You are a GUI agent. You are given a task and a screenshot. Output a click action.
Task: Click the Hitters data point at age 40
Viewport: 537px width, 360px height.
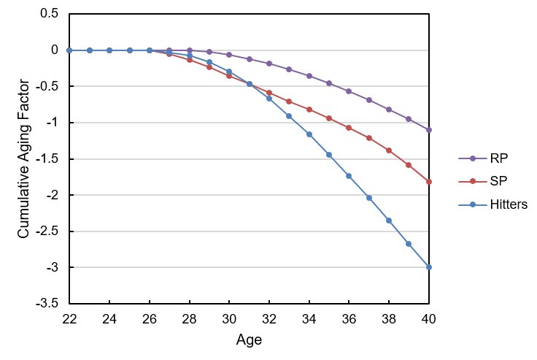tap(429, 267)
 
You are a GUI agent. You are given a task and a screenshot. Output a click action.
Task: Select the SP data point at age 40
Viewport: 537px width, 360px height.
tap(429, 181)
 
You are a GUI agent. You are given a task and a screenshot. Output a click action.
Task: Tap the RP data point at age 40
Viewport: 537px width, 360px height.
tap(429, 130)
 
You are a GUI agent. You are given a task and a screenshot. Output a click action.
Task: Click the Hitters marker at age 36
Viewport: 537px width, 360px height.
tap(349, 176)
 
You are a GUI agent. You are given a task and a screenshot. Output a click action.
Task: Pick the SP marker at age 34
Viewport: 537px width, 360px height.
tap(309, 110)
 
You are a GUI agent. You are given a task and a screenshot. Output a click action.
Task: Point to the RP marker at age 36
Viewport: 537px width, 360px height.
tap(349, 91)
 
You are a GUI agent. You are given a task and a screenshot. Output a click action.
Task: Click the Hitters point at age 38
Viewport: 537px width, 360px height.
tap(389, 221)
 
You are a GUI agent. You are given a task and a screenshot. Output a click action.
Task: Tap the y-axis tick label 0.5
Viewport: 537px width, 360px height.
tap(50, 14)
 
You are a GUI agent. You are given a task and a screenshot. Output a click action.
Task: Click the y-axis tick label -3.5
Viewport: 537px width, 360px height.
tap(48, 305)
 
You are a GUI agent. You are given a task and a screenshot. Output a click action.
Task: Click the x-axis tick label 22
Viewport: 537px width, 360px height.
tap(69, 319)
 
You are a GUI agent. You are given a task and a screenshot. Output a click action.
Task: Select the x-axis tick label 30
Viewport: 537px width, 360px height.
tap(229, 319)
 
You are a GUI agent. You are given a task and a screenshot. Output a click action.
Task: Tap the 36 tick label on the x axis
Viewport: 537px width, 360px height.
tap(349, 319)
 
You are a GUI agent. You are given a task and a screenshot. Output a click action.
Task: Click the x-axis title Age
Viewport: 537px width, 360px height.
tap(249, 340)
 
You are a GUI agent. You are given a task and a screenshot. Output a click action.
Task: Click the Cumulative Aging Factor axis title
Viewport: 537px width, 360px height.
tap(23, 158)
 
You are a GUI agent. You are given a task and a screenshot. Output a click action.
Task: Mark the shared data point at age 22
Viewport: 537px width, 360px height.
tap(69, 50)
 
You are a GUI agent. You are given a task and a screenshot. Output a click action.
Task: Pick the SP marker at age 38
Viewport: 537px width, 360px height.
tap(389, 150)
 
